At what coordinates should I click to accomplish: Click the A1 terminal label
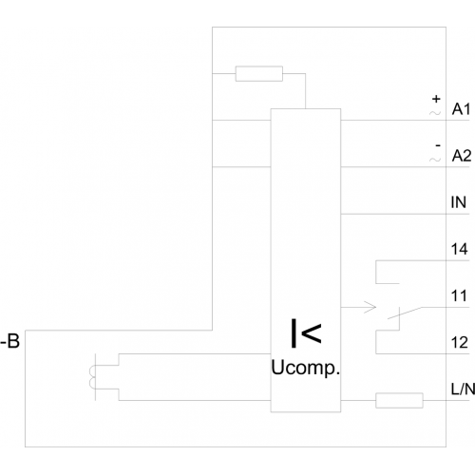click(x=461, y=109)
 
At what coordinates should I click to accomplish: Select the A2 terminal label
click(x=462, y=156)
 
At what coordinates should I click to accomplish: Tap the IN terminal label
click(x=459, y=202)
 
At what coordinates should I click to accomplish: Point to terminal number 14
click(x=460, y=249)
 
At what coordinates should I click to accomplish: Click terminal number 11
click(x=459, y=295)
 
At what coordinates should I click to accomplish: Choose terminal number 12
click(x=460, y=342)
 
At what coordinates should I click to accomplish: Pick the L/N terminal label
click(x=463, y=389)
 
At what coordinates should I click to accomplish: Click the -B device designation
click(x=10, y=341)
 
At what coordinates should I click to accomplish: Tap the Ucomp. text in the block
click(x=305, y=369)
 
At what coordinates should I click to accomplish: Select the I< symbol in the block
click(x=306, y=333)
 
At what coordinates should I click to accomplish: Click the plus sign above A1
click(x=436, y=99)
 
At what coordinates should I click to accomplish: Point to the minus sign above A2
click(x=438, y=145)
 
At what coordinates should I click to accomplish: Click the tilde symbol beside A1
click(x=435, y=112)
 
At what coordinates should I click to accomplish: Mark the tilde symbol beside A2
click(x=435, y=160)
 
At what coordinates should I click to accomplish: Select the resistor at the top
click(x=259, y=73)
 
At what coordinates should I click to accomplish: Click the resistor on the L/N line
click(x=399, y=400)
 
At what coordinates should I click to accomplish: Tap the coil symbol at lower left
click(x=92, y=377)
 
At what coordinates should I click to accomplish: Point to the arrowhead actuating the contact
click(x=370, y=307)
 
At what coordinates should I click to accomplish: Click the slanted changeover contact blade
click(x=405, y=313)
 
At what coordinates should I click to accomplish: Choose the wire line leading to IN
click(x=405, y=214)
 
